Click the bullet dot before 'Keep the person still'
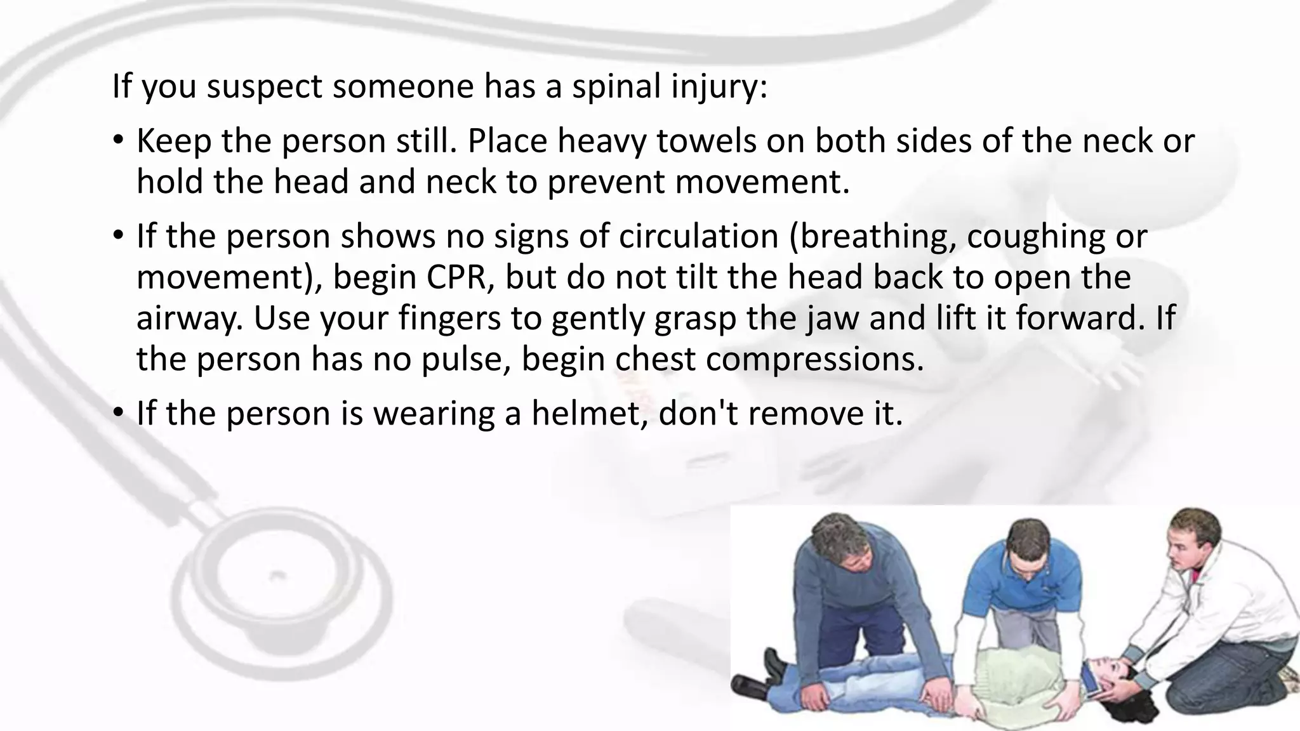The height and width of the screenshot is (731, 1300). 118,141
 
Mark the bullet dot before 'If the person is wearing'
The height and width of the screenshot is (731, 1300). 118,413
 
